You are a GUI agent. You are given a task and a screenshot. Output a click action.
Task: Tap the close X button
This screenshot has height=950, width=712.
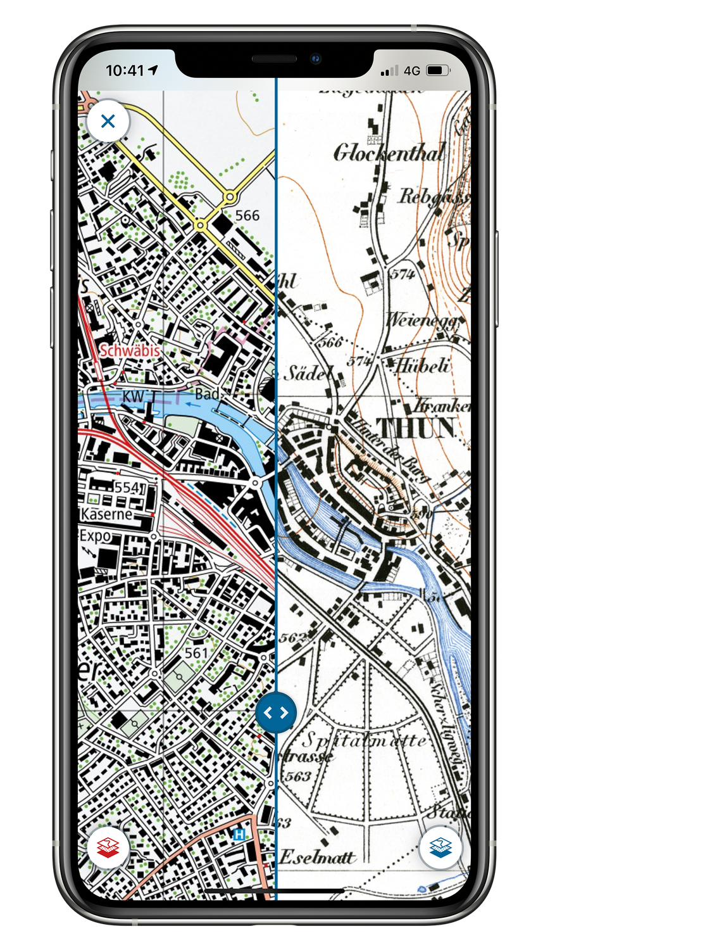click(x=108, y=121)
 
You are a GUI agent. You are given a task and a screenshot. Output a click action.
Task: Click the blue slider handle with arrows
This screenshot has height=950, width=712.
click(x=276, y=712)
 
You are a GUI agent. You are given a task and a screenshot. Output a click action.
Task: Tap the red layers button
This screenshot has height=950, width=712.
click(x=108, y=848)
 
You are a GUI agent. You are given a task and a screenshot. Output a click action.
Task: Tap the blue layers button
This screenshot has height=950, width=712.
click(x=440, y=847)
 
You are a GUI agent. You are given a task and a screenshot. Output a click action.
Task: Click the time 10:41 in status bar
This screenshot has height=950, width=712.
click(x=125, y=70)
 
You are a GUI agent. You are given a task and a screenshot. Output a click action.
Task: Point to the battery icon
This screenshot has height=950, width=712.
click(x=438, y=70)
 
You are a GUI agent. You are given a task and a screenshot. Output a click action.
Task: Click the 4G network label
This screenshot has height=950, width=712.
click(x=412, y=71)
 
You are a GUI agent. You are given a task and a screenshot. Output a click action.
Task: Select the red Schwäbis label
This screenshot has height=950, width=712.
click(x=130, y=350)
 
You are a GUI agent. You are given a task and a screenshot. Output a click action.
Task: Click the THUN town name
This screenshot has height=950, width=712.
click(x=416, y=429)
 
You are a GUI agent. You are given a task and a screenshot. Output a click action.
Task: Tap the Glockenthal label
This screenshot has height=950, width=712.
click(x=389, y=153)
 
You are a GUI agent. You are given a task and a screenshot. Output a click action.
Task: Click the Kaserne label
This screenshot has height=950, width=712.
click(x=106, y=514)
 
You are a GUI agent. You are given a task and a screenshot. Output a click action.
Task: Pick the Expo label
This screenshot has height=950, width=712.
click(x=95, y=536)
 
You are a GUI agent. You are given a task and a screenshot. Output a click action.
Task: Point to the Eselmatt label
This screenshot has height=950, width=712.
click(x=317, y=858)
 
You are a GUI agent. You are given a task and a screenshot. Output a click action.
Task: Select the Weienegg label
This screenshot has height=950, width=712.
click(x=422, y=320)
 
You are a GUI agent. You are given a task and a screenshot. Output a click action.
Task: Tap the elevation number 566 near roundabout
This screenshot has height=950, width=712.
click(x=247, y=215)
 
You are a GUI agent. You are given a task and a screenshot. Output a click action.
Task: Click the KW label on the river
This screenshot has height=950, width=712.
click(x=133, y=396)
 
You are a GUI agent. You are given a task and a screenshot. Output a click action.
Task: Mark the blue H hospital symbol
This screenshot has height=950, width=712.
click(x=239, y=835)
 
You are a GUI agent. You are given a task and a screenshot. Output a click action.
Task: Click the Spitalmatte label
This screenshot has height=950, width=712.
click(x=364, y=740)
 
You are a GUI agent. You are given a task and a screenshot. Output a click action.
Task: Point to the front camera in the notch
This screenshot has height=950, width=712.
click(x=316, y=59)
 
